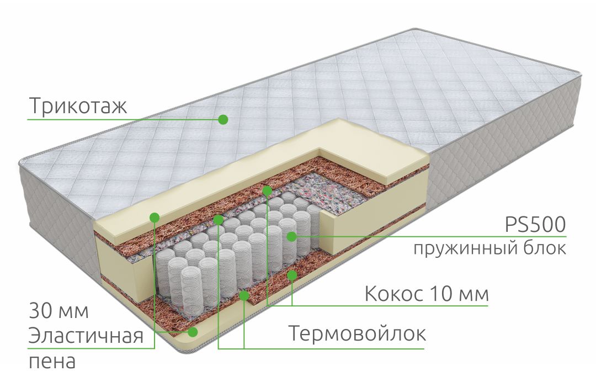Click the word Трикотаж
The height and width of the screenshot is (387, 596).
click(x=78, y=105)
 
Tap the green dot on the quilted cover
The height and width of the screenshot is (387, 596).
click(x=223, y=119)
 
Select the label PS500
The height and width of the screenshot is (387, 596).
click(x=535, y=225)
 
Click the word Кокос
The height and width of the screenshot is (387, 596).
click(x=394, y=294)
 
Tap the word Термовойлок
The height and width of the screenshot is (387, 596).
click(x=357, y=333)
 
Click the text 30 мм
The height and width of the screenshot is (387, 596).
click(x=59, y=311)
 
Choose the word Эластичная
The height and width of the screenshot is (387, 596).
click(x=86, y=336)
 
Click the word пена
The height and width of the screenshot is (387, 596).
click(x=52, y=362)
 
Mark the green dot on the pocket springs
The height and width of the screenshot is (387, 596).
click(x=291, y=236)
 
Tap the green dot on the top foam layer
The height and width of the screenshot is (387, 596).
click(x=155, y=217)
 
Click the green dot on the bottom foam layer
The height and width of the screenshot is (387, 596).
click(x=193, y=331)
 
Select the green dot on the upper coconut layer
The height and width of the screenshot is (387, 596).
click(x=267, y=190)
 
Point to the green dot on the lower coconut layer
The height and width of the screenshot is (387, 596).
click(x=292, y=275)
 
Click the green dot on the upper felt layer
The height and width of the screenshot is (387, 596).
click(x=218, y=219)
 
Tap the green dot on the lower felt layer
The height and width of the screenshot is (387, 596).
click(x=244, y=295)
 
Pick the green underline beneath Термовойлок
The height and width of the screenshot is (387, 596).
click(x=321, y=348)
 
